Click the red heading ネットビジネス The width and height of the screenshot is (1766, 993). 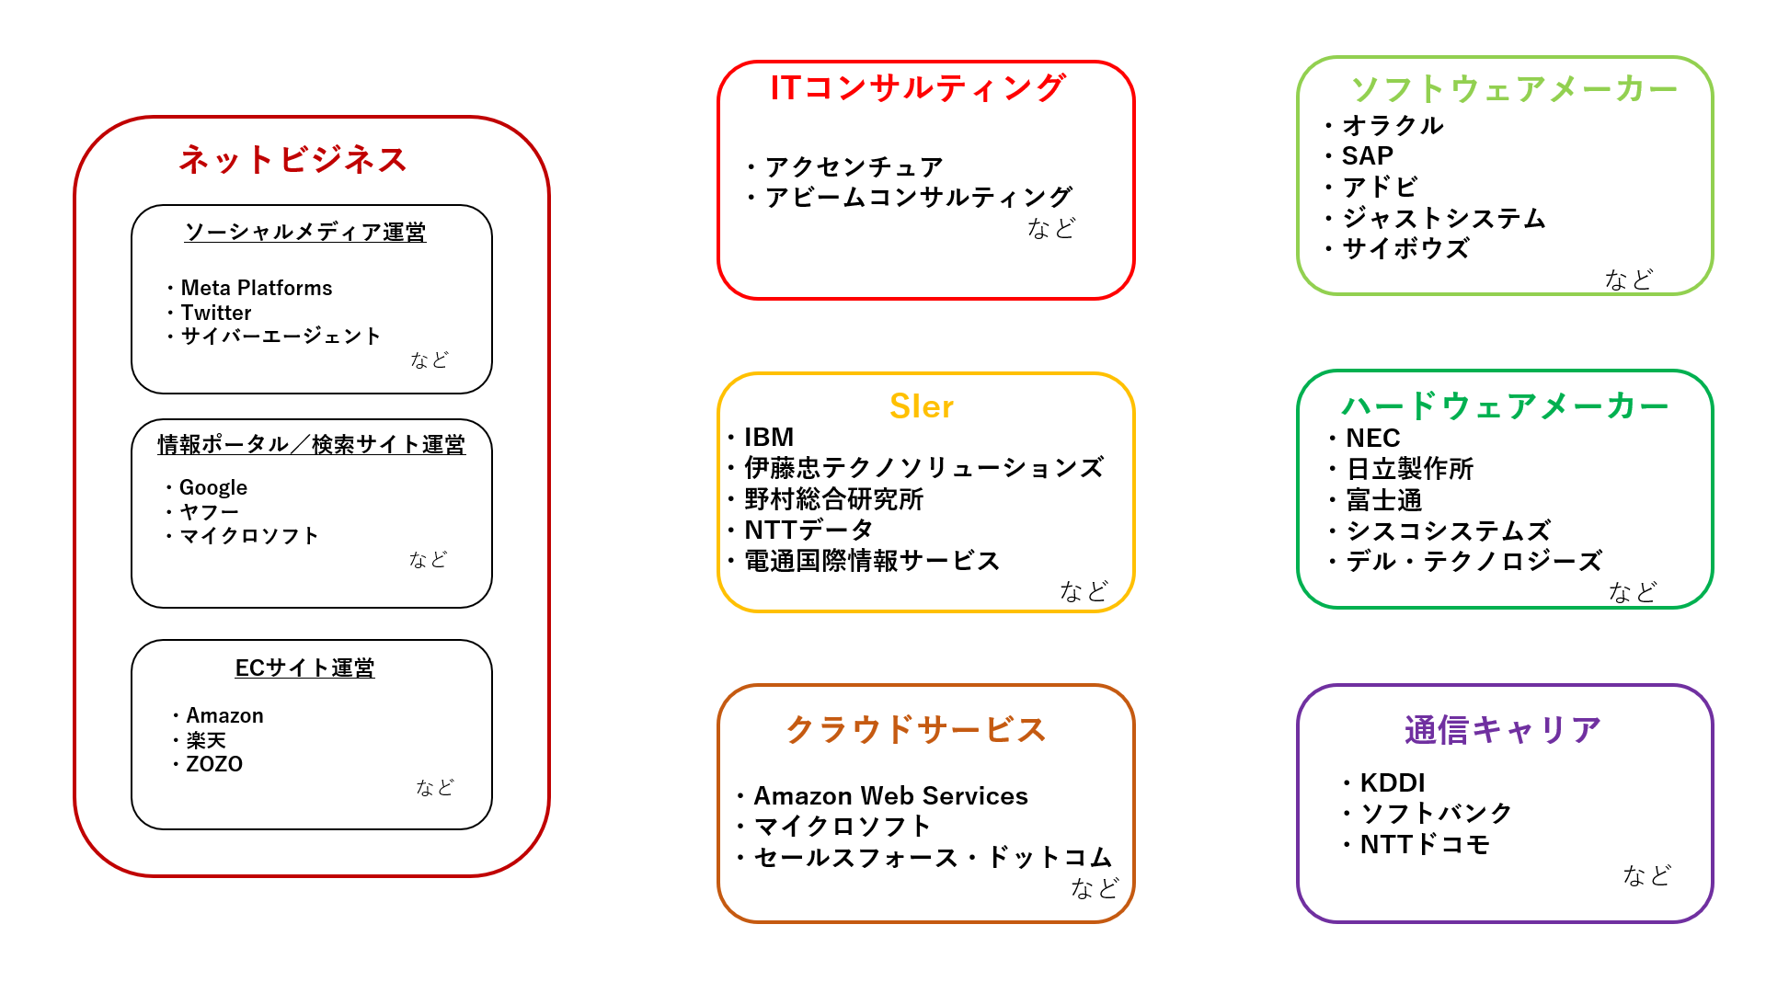click(x=292, y=160)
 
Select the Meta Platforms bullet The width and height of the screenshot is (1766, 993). click(x=257, y=288)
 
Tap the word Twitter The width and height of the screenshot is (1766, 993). click(x=216, y=313)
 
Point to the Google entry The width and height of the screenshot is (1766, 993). click(x=213, y=487)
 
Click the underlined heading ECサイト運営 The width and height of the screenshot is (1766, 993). click(x=304, y=668)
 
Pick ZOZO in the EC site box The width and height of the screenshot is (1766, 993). click(x=214, y=764)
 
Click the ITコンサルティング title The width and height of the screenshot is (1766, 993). click(x=918, y=88)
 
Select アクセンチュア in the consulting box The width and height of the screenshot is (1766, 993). click(x=854, y=166)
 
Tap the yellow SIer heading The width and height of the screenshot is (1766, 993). click(x=922, y=406)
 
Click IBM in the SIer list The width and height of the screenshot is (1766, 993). click(x=769, y=437)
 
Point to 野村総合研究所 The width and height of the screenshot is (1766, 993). click(x=833, y=499)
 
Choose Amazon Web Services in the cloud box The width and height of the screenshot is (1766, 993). click(x=891, y=795)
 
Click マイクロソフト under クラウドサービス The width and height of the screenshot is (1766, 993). click(x=843, y=827)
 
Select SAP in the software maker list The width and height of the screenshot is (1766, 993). click(x=1368, y=155)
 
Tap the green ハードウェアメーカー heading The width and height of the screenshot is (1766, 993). click(x=1505, y=405)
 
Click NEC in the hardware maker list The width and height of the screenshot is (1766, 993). click(x=1373, y=438)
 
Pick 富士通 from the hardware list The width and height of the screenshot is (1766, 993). click(x=1384, y=500)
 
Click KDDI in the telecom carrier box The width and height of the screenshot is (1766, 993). click(x=1393, y=782)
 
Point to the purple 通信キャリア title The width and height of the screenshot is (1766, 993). click(x=1503, y=730)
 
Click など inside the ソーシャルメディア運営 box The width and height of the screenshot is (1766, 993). click(x=430, y=360)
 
